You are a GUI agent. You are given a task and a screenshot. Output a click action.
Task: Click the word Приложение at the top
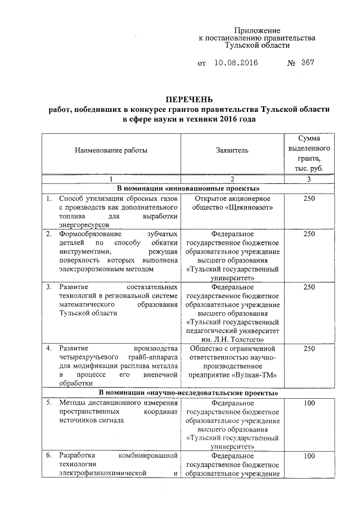pyautogui.click(x=257, y=30)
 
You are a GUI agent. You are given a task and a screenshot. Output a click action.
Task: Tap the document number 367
pyautogui.click(x=307, y=62)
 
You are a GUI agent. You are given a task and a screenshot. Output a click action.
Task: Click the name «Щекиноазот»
pyautogui.click(x=251, y=208)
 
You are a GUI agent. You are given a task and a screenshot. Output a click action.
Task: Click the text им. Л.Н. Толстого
pyautogui.click(x=233, y=339)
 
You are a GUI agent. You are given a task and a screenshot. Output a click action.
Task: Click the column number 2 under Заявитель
pyautogui.click(x=232, y=179)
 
